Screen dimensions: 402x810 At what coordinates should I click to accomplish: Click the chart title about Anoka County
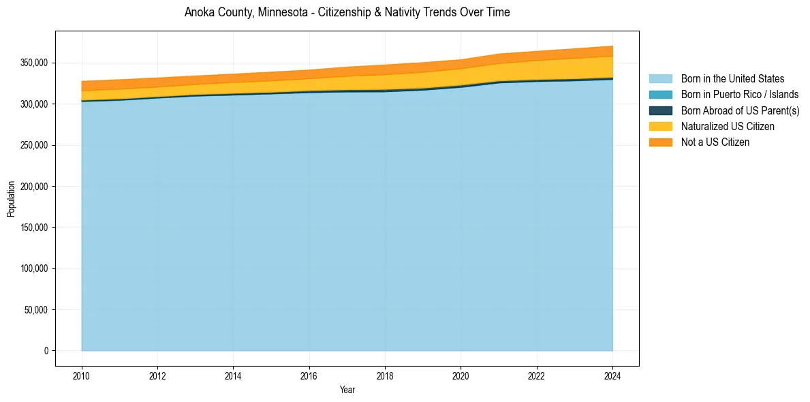tap(347, 12)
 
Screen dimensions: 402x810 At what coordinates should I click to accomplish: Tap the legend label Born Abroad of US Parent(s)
tap(740, 110)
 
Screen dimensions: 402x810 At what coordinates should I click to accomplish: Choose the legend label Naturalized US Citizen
tap(728, 127)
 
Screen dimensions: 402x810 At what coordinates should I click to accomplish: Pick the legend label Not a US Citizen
tap(715, 142)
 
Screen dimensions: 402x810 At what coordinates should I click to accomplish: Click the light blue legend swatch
tap(660, 79)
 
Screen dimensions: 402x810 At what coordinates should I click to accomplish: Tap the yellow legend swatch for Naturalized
tap(660, 127)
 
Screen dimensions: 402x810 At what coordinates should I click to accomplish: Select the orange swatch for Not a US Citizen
tap(660, 142)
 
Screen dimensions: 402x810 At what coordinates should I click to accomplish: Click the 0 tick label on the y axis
tap(46, 351)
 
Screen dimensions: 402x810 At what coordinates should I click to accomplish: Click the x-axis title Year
tap(347, 390)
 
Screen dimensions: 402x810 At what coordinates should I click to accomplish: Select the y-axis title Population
tap(11, 199)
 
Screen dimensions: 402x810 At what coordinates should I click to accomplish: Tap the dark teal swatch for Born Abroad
tap(660, 110)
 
